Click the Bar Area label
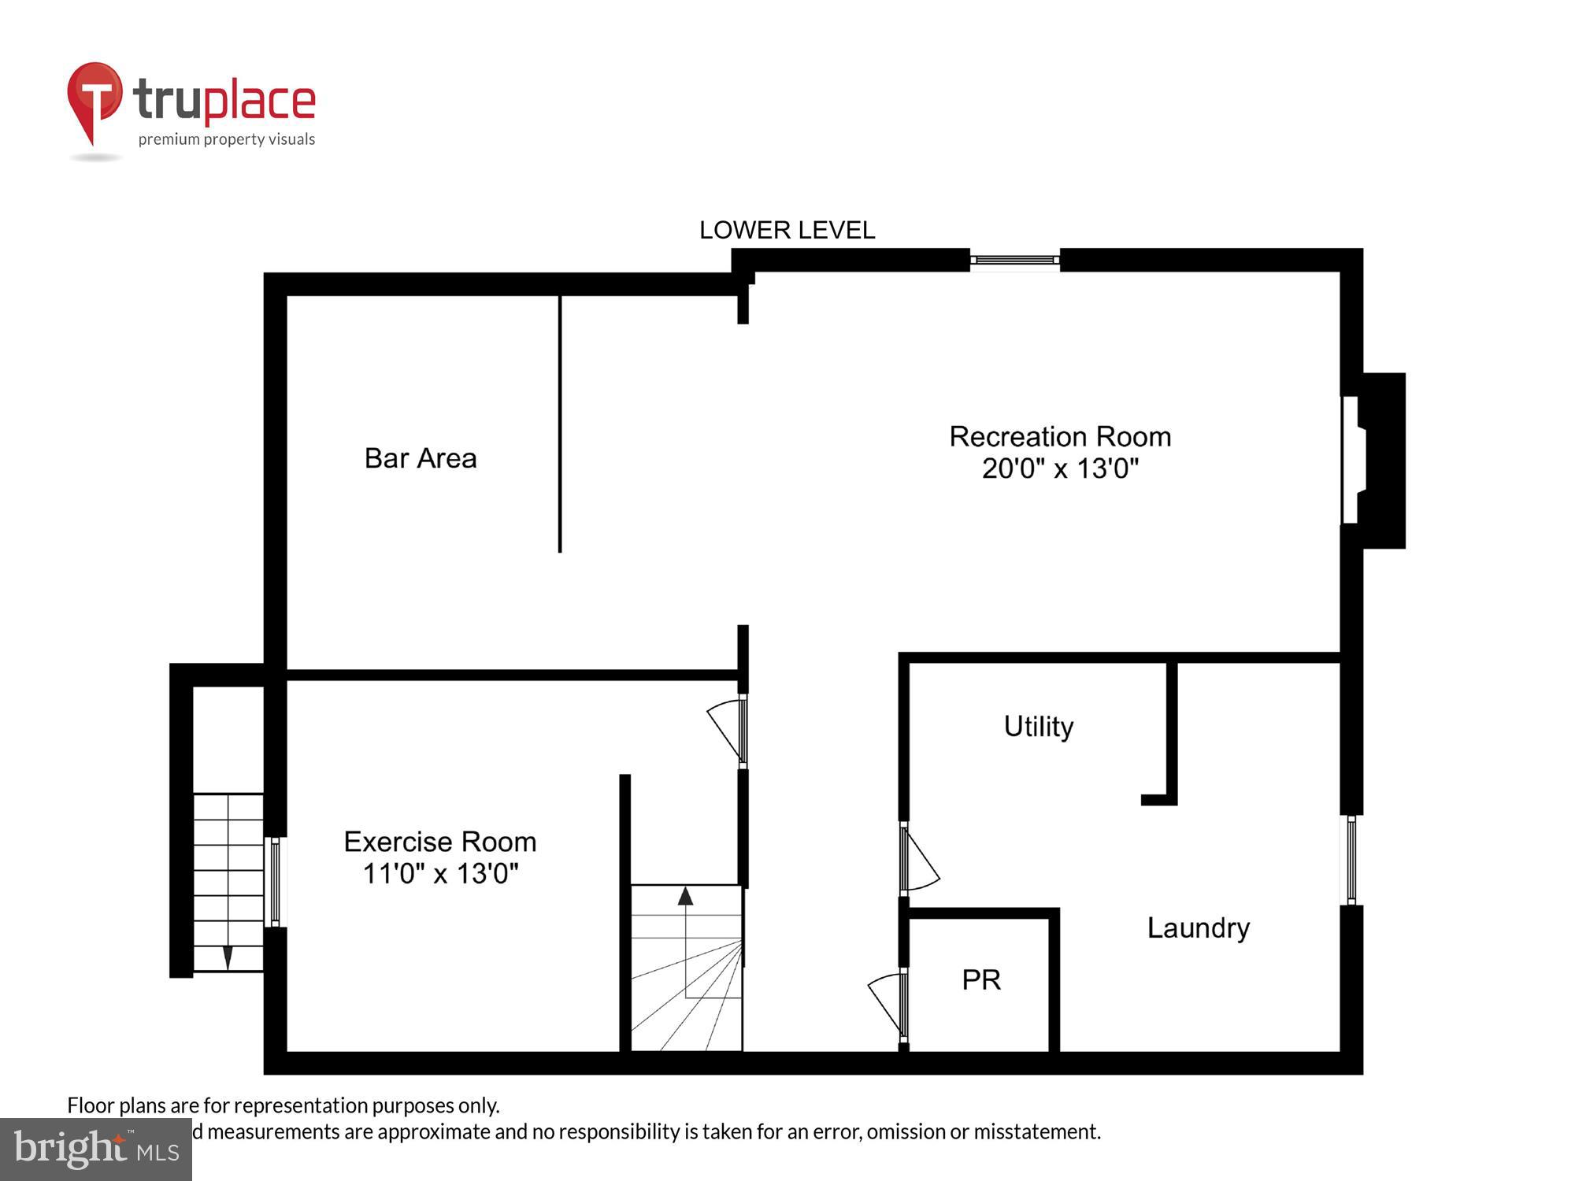click(421, 458)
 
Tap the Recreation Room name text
click(1060, 436)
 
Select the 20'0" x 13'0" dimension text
click(1060, 468)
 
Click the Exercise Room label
click(440, 842)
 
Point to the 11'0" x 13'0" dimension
click(440, 873)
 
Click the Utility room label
click(1038, 726)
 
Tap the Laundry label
click(1198, 927)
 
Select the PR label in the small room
click(981, 979)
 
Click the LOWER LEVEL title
click(787, 230)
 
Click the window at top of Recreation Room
click(1014, 260)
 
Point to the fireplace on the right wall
click(1374, 461)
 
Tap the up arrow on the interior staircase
click(685, 896)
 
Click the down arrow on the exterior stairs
click(228, 957)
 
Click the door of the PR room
click(888, 1004)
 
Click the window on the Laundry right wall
click(1351, 860)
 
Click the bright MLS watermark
click(95, 1149)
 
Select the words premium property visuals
click(227, 139)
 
